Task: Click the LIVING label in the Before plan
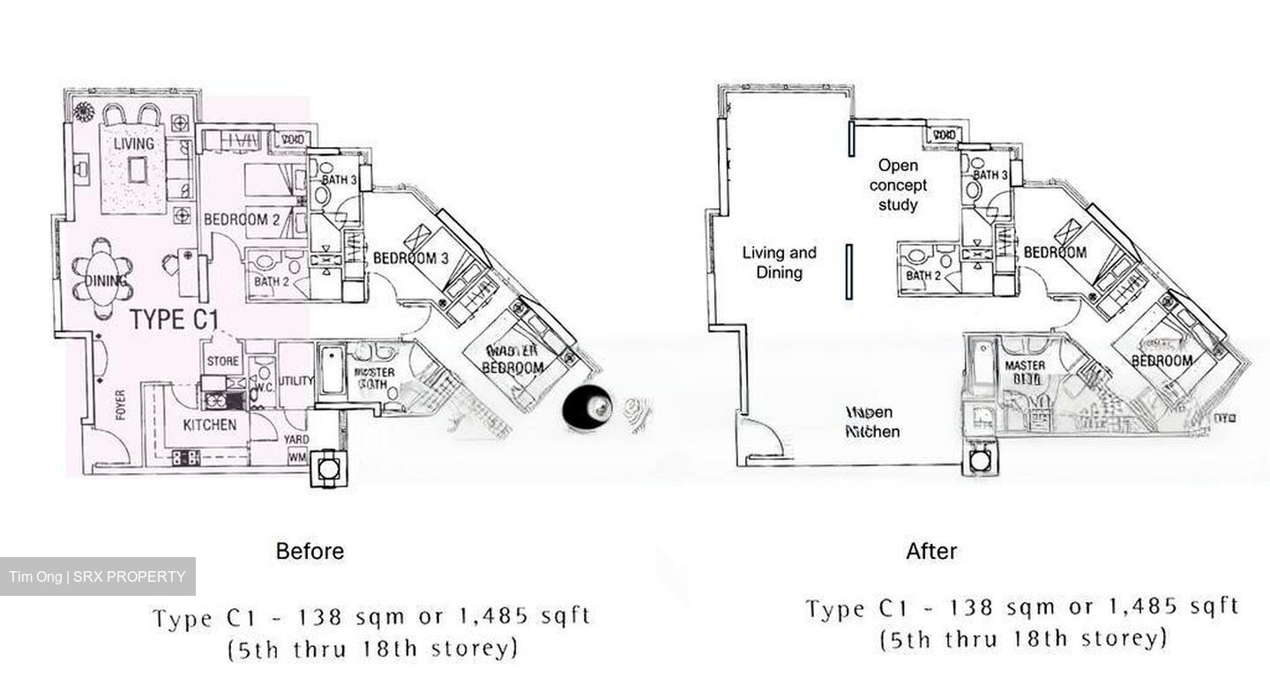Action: [133, 143]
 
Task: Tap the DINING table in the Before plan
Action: [107, 281]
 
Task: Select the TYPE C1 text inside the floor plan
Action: [174, 320]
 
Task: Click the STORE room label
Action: [223, 361]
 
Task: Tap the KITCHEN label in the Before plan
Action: [209, 425]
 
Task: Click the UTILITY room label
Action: [295, 381]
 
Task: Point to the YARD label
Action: [295, 440]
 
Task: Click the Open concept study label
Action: [898, 185]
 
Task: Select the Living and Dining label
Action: [779, 263]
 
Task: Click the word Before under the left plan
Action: [310, 552]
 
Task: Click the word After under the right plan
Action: [931, 552]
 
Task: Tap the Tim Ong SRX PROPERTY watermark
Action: [98, 577]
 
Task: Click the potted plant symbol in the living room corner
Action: [85, 111]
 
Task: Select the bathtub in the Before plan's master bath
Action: [331, 373]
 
